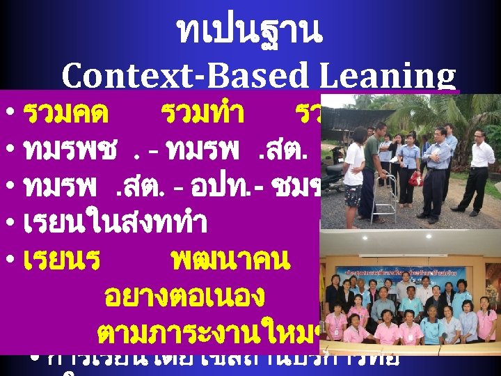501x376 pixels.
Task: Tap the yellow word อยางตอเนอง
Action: [x=184, y=297]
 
